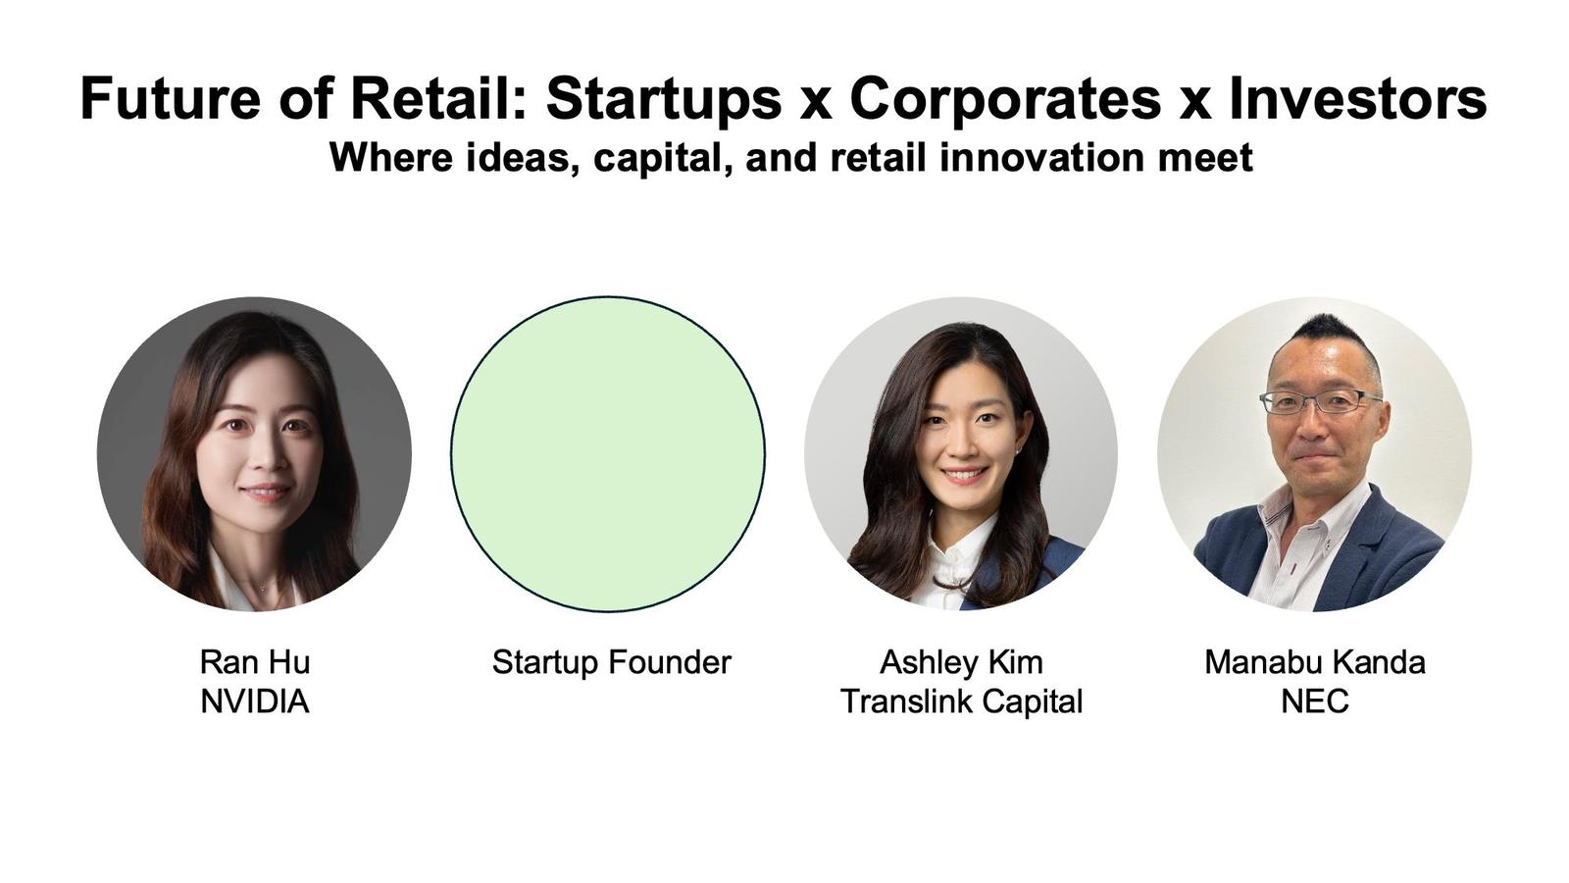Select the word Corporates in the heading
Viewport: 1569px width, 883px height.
(x=1005, y=98)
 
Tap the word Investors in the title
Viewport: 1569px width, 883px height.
(x=1358, y=98)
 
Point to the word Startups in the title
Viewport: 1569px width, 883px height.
(x=663, y=100)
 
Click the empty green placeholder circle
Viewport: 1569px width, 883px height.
(x=608, y=453)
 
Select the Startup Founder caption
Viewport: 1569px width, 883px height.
(x=612, y=662)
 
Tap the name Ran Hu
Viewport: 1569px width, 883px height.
(x=255, y=662)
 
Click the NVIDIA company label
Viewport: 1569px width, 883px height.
(x=255, y=701)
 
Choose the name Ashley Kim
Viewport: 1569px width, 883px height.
(x=961, y=662)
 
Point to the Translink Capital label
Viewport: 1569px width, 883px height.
(x=961, y=701)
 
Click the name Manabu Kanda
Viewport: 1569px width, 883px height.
(x=1315, y=662)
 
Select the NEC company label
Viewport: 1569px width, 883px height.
(x=1315, y=701)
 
